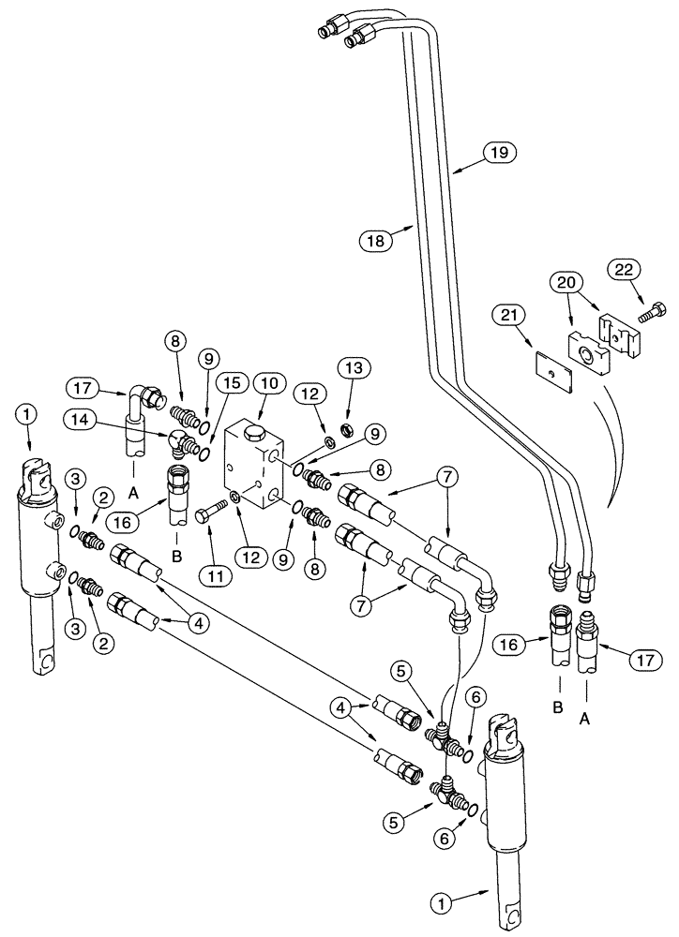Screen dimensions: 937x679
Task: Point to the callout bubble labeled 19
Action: pos(499,151)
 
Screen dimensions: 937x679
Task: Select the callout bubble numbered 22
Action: pos(625,269)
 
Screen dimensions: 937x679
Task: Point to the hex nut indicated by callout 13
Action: pos(344,404)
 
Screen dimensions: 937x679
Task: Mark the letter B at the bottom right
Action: pos(557,708)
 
